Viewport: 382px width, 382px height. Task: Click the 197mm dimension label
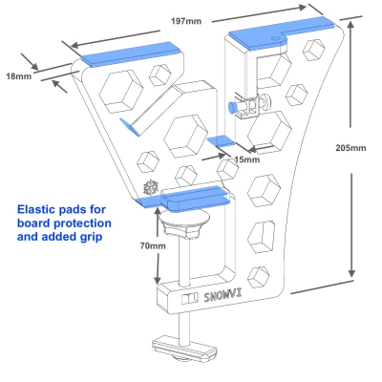pos(186,21)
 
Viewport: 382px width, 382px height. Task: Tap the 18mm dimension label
pos(19,76)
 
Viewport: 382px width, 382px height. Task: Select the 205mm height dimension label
pos(350,148)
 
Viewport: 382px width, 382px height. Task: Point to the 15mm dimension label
pos(247,159)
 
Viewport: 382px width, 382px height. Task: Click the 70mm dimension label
pos(153,245)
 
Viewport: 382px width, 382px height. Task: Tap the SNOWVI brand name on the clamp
pos(223,297)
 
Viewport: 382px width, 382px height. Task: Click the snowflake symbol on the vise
pos(150,187)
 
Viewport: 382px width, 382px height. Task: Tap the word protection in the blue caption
pos(82,223)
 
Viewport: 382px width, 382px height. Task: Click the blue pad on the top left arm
pos(131,54)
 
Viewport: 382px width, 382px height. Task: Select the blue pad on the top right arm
pos(281,33)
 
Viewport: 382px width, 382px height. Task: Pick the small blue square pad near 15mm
pos(221,140)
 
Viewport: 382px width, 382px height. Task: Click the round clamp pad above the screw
pos(184,220)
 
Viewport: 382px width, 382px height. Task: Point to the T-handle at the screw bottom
pos(185,348)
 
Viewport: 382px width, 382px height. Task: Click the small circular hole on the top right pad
pos(275,38)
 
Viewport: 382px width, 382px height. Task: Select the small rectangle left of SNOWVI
pos(190,299)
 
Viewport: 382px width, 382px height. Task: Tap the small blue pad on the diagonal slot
pos(130,127)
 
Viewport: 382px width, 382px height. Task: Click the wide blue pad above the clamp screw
pos(183,199)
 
